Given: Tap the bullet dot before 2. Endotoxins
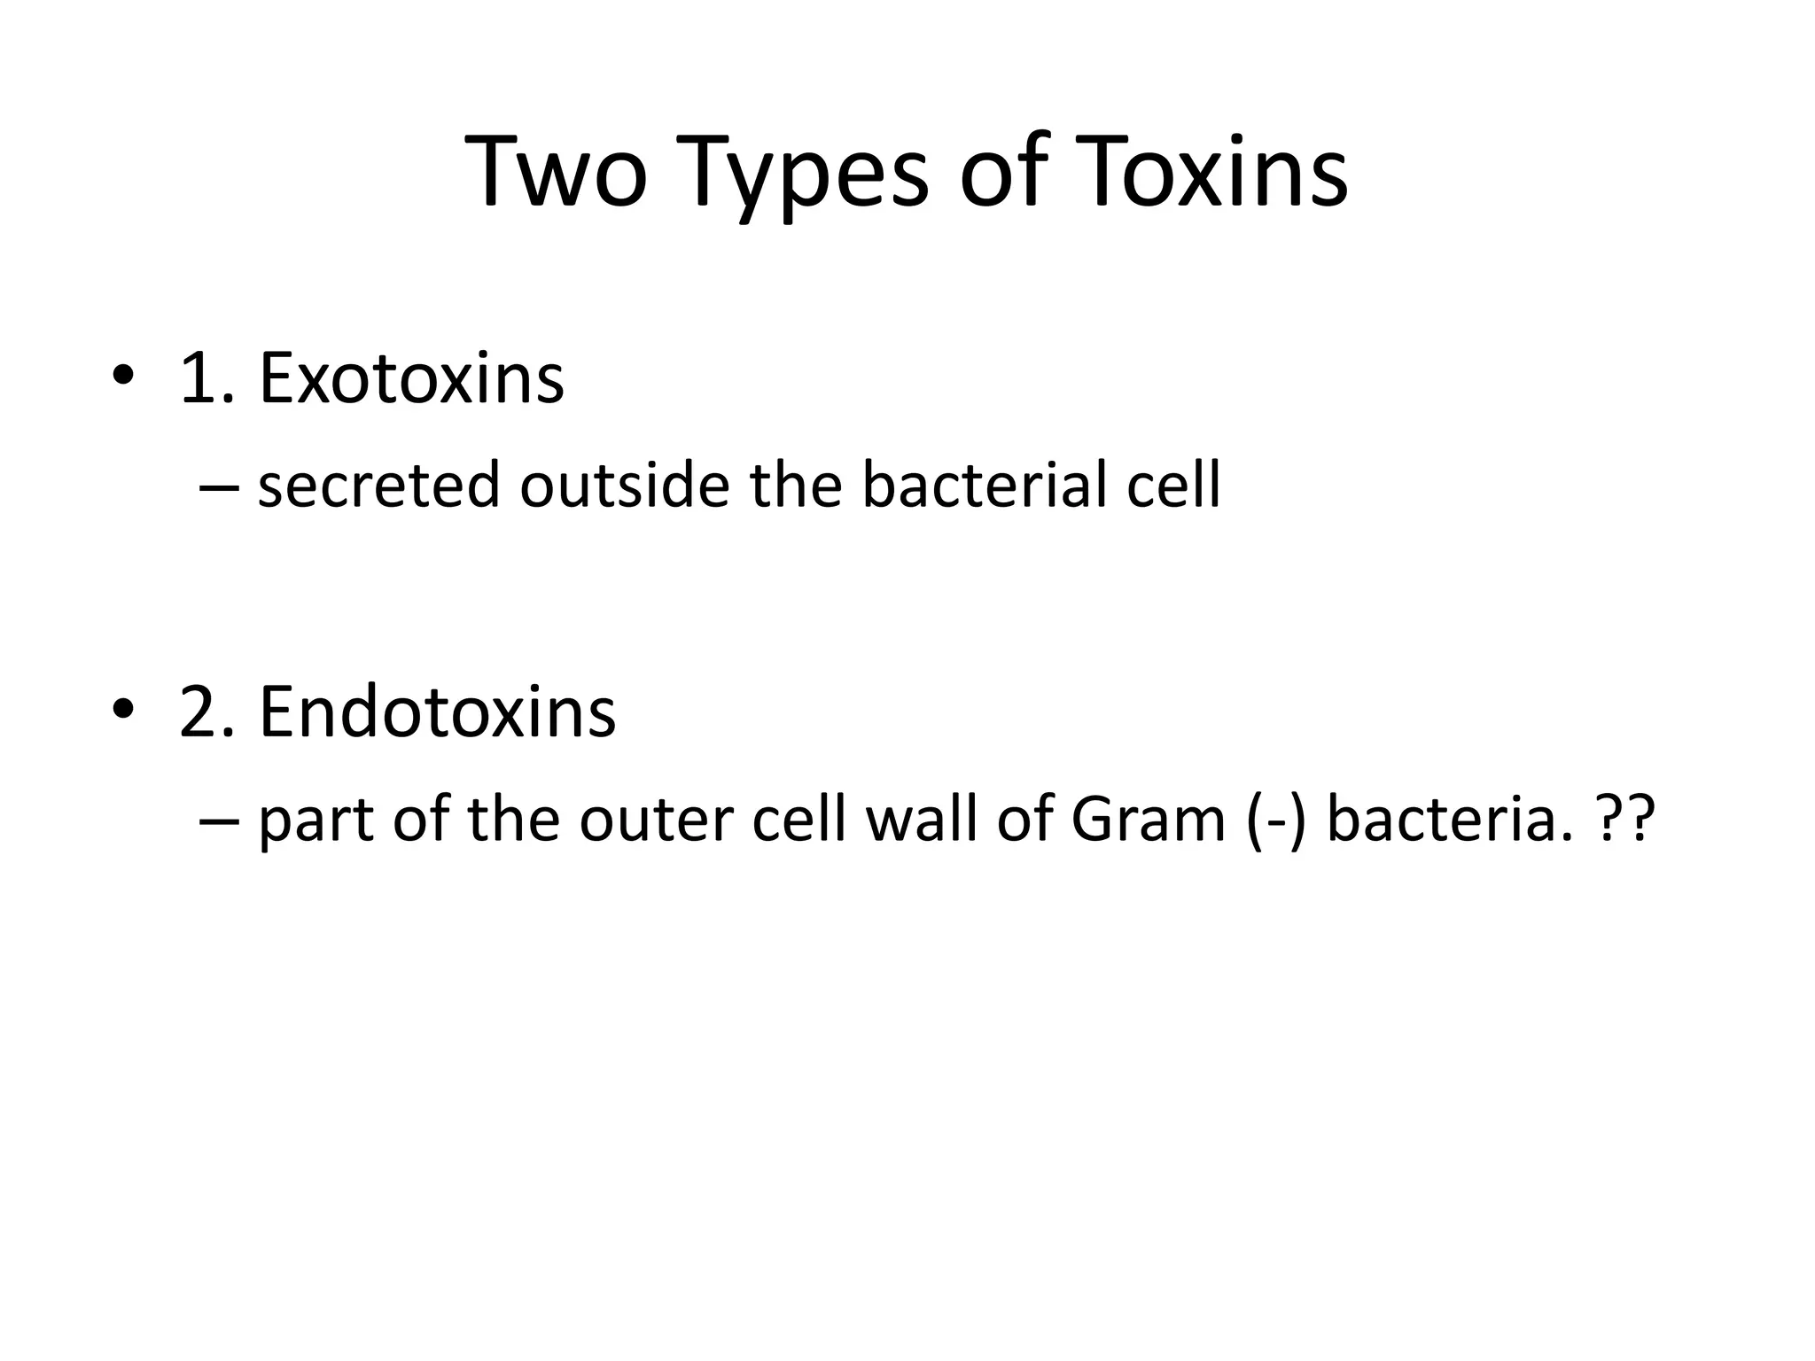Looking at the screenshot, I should pyautogui.click(x=123, y=712).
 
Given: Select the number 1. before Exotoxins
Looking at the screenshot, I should pyautogui.click(x=206, y=378).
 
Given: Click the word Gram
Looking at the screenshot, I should pyautogui.click(x=1148, y=819).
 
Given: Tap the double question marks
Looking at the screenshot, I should pyautogui.click(x=1624, y=819).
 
